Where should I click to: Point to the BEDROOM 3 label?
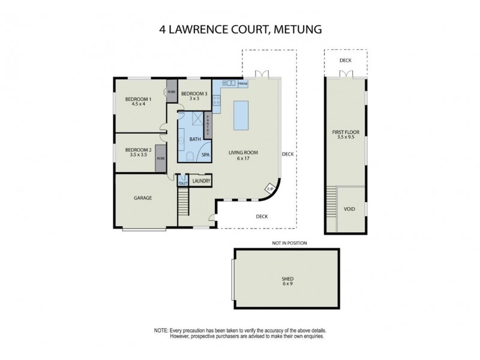click(194, 94)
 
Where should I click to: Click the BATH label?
click(195, 139)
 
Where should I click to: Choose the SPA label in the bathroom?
click(205, 154)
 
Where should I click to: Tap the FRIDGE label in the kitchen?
click(243, 84)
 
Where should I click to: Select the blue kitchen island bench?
click(241, 115)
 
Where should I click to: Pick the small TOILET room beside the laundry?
click(182, 182)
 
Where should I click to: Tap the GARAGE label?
click(142, 197)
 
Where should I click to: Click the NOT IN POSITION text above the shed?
click(289, 243)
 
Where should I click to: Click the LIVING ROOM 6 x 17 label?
click(243, 155)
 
